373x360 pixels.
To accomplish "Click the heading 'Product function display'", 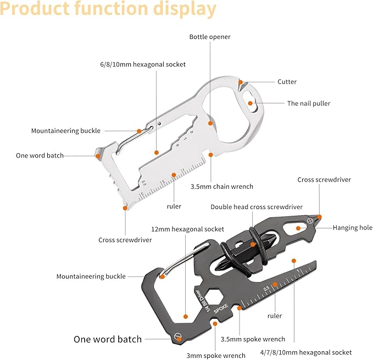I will [109, 10].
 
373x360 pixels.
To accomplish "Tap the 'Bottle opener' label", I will [210, 37].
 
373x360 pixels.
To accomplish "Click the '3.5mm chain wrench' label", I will [221, 187].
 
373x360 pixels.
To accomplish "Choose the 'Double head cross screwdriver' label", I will [257, 207].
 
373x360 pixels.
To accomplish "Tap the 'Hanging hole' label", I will [352, 228].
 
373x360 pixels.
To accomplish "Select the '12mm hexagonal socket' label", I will [188, 229].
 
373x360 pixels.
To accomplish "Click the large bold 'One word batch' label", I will [108, 339].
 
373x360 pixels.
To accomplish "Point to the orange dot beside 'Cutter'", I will [241, 82].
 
